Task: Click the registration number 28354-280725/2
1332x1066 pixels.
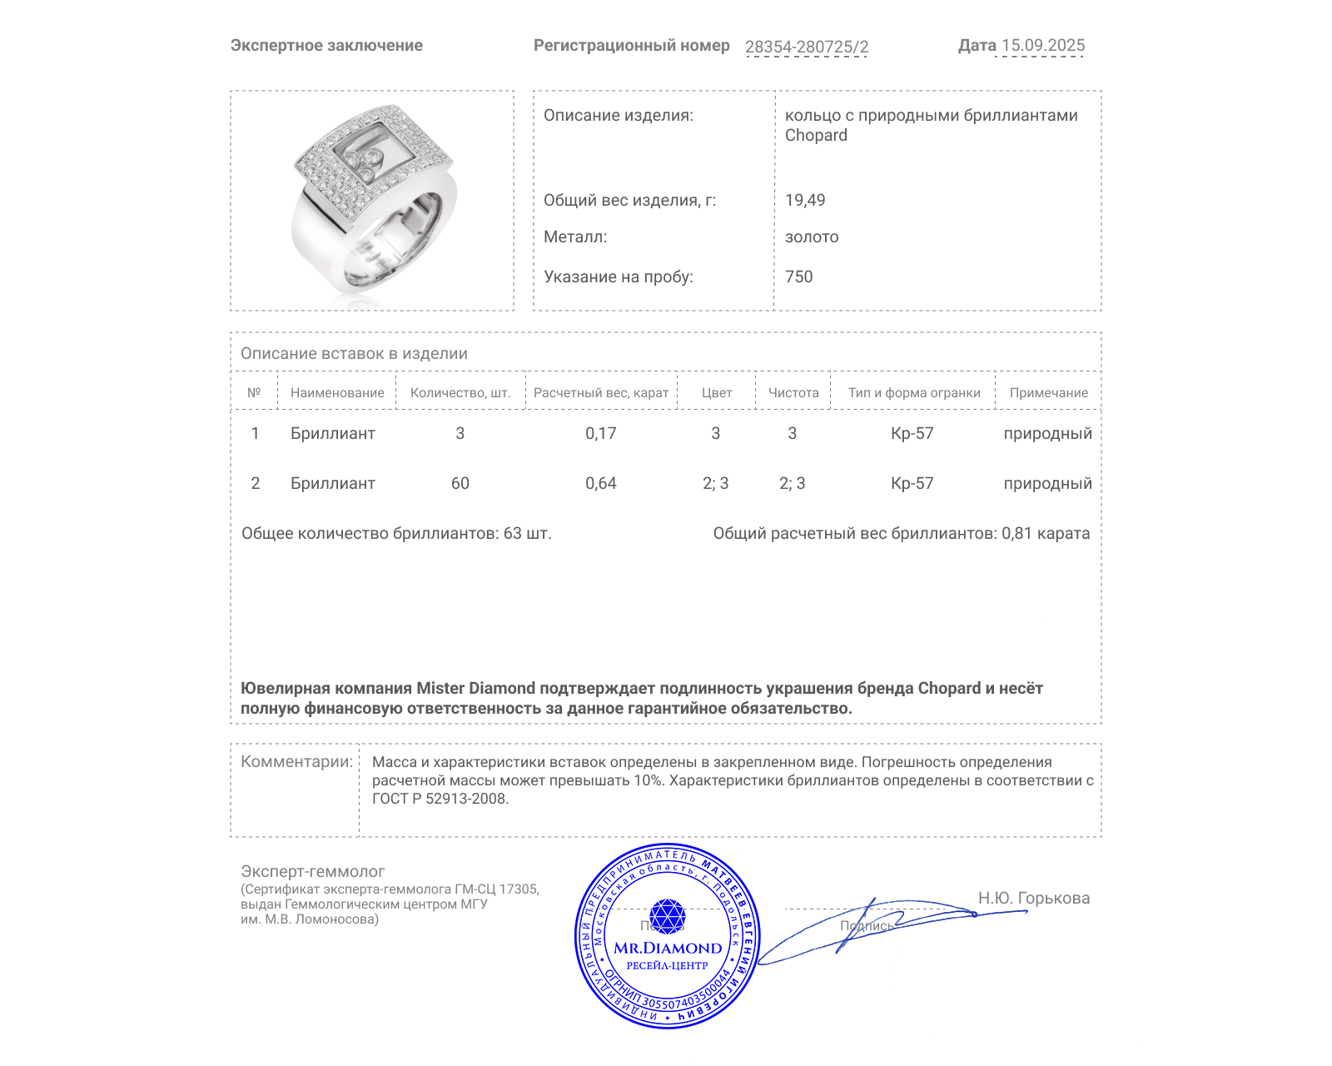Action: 806,47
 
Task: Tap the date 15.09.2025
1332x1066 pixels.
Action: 1042,46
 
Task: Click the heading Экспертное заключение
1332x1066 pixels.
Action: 326,46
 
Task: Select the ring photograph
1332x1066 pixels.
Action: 373,200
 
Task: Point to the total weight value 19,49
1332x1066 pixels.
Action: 805,200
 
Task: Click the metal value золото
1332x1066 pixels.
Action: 812,237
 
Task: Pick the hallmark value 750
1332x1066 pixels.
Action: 798,276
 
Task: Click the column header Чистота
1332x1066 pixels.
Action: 793,393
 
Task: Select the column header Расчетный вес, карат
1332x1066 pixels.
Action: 600,393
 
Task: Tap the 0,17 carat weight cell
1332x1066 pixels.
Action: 600,433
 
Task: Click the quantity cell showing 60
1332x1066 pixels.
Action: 460,483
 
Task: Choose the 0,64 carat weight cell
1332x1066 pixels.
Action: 600,483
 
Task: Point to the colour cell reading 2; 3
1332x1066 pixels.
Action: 715,483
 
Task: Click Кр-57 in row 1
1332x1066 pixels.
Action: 912,433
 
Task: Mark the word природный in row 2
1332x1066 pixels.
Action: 1047,483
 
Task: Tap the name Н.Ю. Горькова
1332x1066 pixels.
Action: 1033,898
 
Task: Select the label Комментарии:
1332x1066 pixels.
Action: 296,761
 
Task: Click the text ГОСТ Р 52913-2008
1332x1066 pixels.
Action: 440,799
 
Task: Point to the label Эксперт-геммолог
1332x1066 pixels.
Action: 312,871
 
